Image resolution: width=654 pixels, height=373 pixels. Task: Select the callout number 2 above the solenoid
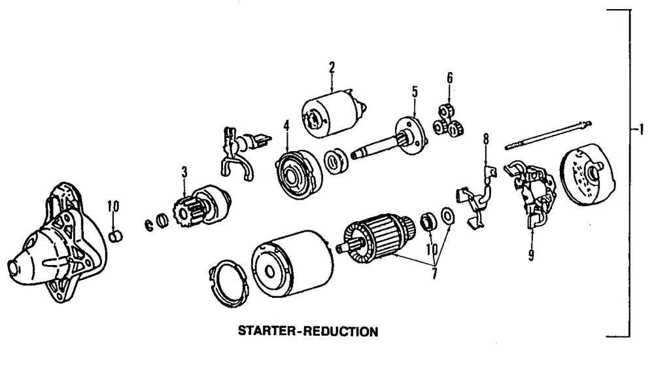coord(332,67)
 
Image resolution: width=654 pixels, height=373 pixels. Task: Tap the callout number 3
coord(184,173)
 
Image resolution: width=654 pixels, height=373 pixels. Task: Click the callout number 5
coord(414,92)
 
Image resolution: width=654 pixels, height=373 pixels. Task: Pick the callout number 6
coord(449,79)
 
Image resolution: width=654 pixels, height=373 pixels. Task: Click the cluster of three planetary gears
coord(449,122)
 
